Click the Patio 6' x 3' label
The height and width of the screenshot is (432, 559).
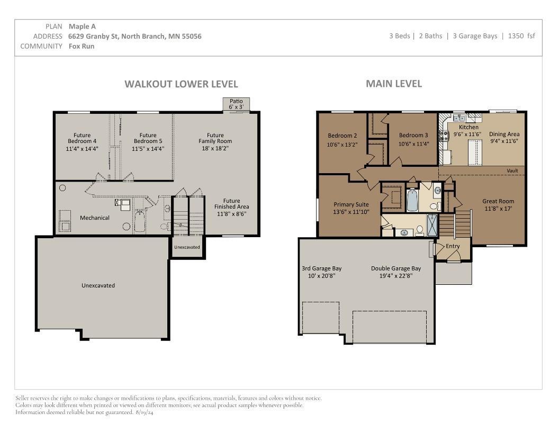coord(236,104)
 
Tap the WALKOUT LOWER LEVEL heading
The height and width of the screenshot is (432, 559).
coord(181,84)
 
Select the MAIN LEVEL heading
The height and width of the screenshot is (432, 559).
coord(394,84)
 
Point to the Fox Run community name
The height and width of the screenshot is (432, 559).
coord(82,47)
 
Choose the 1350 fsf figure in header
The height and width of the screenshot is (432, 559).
coord(521,36)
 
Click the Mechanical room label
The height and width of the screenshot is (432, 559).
coord(94,218)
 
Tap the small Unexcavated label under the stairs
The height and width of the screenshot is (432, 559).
coord(187,247)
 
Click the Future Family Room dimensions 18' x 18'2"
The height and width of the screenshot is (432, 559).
coord(215,148)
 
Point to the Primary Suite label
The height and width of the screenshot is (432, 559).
coord(351,204)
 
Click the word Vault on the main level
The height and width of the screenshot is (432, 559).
coord(512,170)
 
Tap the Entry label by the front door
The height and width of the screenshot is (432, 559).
coord(453,246)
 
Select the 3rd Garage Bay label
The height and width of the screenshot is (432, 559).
coord(321,269)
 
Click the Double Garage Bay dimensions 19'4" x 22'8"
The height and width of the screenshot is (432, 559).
coord(396,276)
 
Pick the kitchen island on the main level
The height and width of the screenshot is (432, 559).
coord(474,152)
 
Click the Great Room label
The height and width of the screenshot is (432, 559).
coord(498,201)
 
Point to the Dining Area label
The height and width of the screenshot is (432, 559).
coord(504,134)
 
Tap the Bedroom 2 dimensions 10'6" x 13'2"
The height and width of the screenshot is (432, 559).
coord(342,145)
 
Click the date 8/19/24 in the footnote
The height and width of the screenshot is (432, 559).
coord(145,412)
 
